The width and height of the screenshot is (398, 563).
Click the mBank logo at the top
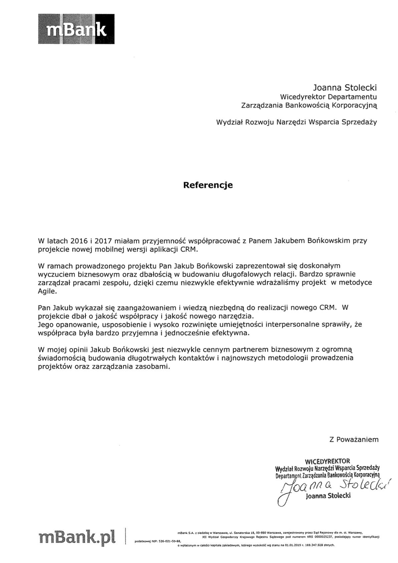76,29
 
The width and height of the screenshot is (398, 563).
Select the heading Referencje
208,185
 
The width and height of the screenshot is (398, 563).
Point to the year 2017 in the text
104,240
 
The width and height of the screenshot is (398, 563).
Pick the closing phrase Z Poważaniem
354,439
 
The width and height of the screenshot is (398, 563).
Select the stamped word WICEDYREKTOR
327,461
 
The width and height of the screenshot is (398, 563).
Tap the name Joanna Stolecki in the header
345,88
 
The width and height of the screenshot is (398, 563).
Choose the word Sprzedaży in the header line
359,122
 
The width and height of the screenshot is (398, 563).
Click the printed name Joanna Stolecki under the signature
328,496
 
